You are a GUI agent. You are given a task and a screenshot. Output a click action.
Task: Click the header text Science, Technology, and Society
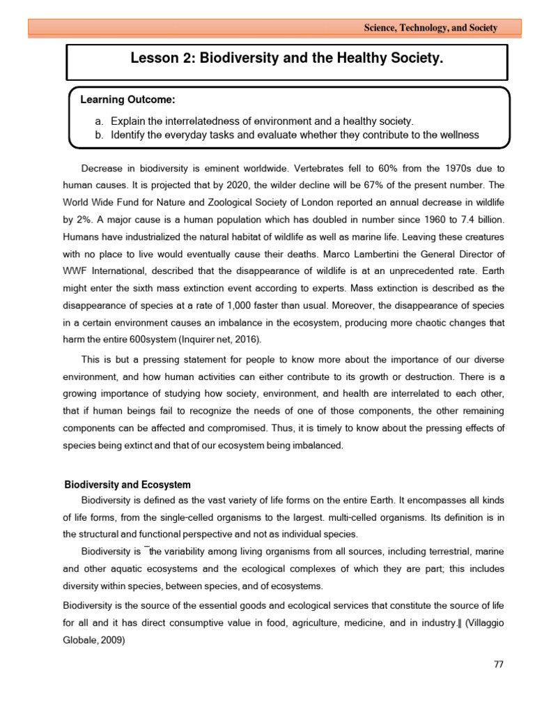[x=431, y=28]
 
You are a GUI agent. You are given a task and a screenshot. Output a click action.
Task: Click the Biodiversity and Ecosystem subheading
[x=127, y=485]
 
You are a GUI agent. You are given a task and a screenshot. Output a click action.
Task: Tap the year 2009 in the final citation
[x=114, y=635]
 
